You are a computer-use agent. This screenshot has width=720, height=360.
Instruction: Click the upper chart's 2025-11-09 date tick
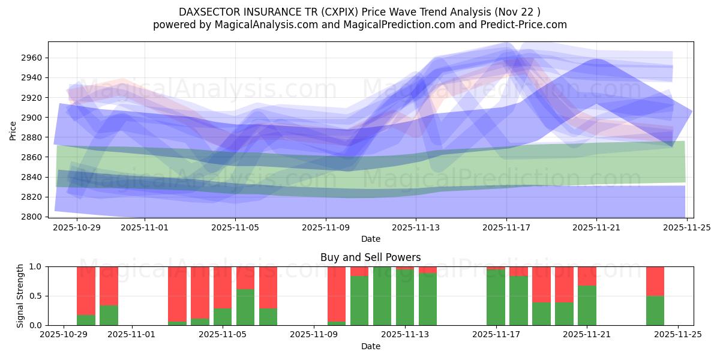(x=326, y=227)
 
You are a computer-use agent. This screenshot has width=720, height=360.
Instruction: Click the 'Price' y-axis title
(x=13, y=130)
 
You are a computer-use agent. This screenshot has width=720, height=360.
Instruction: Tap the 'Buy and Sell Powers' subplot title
(x=370, y=257)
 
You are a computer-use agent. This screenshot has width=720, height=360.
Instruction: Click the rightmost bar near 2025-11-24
(x=655, y=296)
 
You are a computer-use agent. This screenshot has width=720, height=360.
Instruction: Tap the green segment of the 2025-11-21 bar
(x=587, y=306)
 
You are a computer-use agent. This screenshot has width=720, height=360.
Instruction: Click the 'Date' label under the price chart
(x=370, y=239)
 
